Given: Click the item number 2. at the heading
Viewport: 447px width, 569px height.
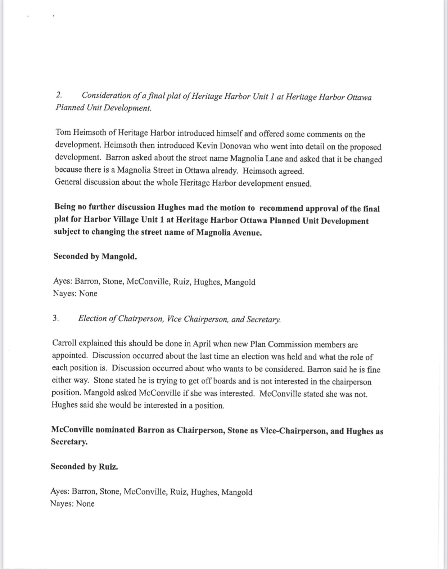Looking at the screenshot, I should (x=59, y=95).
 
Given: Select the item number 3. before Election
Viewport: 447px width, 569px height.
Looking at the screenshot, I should (x=56, y=318).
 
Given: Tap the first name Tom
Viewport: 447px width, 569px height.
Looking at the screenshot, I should (x=63, y=132).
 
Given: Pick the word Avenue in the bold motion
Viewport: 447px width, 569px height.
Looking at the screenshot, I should (x=247, y=233).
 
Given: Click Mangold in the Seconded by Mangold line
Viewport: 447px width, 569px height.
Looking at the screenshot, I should (x=119, y=256).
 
